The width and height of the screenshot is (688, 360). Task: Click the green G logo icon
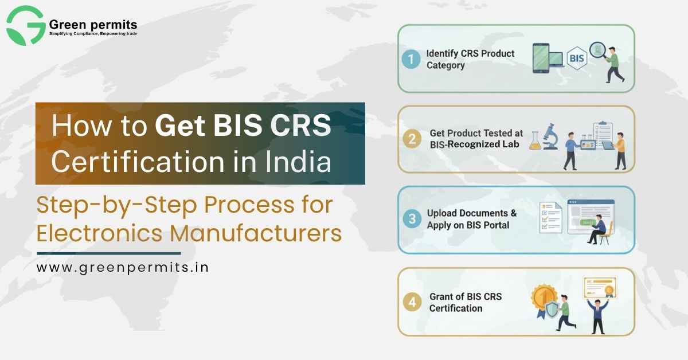(26, 26)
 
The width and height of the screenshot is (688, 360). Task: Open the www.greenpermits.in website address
(123, 268)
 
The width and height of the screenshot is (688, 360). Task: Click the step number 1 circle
(411, 58)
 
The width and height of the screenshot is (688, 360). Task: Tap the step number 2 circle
(411, 139)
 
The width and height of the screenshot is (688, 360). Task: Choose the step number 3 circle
(411, 219)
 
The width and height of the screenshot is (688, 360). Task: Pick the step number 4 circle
(411, 302)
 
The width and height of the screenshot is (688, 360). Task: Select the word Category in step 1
(445, 65)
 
